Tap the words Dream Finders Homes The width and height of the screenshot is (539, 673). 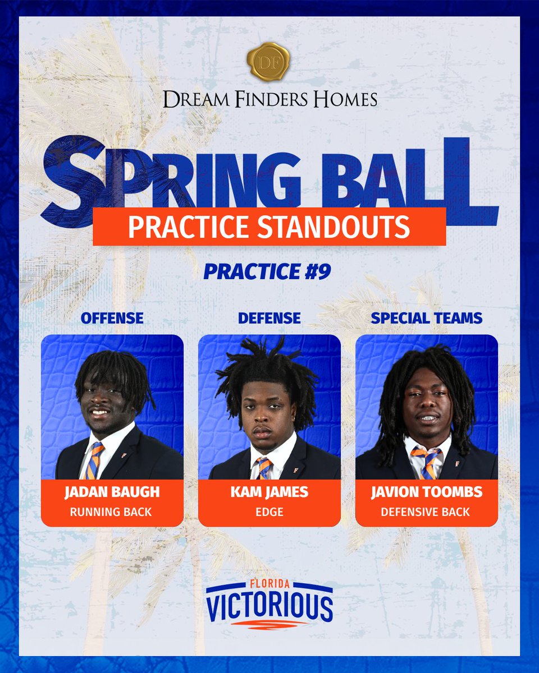pos(269,100)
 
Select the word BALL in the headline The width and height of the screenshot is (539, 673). pos(415,177)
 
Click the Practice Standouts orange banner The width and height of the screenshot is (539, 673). pos(269,226)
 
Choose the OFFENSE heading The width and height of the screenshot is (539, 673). pos(112,318)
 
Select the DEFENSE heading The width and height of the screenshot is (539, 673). pos(269,318)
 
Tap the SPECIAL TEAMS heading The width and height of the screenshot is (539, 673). pos(426,318)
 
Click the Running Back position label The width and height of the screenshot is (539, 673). pos(112,511)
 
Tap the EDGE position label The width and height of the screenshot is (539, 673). pos(269,511)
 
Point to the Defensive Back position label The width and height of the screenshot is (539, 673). pos(426,511)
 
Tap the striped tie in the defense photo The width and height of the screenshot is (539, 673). pos(263,468)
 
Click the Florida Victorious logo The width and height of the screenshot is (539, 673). pos(269,603)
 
